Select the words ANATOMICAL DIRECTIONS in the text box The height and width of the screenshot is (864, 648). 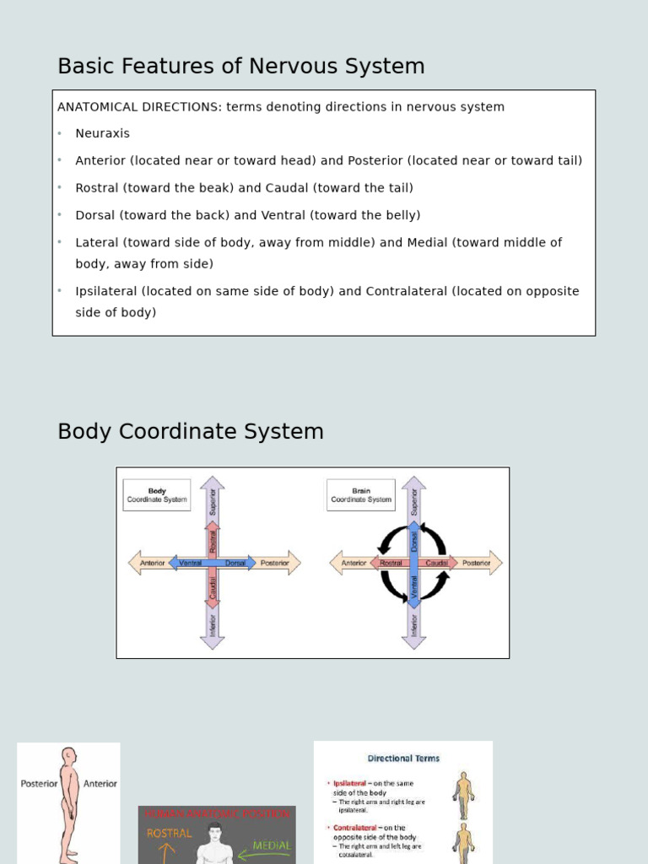pos(139,107)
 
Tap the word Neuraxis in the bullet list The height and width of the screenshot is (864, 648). pos(102,133)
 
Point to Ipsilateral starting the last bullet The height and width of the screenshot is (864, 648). pos(106,291)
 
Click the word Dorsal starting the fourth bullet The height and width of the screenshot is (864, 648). pos(95,215)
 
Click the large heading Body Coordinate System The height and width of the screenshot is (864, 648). pos(191,431)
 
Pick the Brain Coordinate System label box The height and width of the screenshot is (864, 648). pos(361,495)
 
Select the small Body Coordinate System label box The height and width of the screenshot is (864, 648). pos(157,495)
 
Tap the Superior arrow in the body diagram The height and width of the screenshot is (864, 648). pos(213,499)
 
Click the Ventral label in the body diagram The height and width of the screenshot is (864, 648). pos(190,563)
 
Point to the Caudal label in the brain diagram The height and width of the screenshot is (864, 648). pos(437,563)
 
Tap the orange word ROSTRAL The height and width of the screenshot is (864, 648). pos(170,833)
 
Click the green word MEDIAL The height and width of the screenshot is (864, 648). pos(272,845)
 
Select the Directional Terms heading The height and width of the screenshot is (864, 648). pos(403,759)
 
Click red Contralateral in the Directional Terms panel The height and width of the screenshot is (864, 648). pos(358,828)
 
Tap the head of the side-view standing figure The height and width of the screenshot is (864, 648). pos(68,757)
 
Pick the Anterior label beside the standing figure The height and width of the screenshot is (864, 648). pos(100,784)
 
